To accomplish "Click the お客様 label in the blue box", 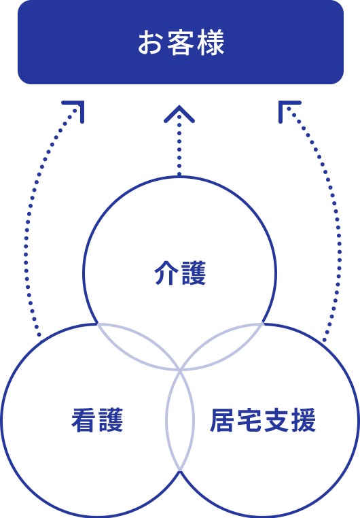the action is pyautogui.click(x=181, y=42).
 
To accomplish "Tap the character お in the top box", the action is pyautogui.click(x=151, y=43).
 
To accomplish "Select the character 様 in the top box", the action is pyautogui.click(x=211, y=42).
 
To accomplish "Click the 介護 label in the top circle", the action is pyautogui.click(x=180, y=273).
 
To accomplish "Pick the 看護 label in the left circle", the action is pyautogui.click(x=97, y=420).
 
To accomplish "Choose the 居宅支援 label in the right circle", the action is pyautogui.click(x=263, y=420).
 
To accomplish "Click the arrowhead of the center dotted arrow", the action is pyautogui.click(x=179, y=114).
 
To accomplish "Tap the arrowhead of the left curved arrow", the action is pyautogui.click(x=75, y=109).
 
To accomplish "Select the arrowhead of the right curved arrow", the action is pyautogui.click(x=287, y=109).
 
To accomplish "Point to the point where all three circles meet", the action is pyautogui.click(x=180, y=370).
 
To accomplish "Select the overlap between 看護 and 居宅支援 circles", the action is pyautogui.click(x=180, y=420).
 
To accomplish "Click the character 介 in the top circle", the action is pyautogui.click(x=166, y=273).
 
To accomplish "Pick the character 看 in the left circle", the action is pyautogui.click(x=84, y=420).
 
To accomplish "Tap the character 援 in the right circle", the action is pyautogui.click(x=303, y=420).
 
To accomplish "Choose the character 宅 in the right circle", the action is pyautogui.click(x=249, y=420).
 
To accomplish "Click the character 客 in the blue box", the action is pyautogui.click(x=181, y=42).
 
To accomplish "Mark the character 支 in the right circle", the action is pyautogui.click(x=276, y=420).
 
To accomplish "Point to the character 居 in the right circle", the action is pyautogui.click(x=223, y=420).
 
